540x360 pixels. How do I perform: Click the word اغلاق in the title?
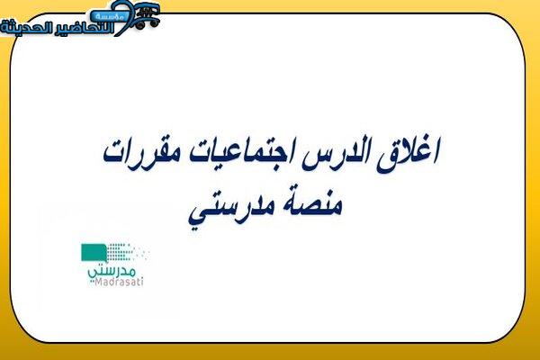(408, 155)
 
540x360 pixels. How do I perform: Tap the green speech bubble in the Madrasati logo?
(94, 253)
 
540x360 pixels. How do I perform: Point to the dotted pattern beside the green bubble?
(128, 252)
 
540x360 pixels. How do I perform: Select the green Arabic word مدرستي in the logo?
(112, 272)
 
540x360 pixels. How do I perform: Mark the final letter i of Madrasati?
(142, 282)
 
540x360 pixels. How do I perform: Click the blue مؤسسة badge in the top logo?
(109, 15)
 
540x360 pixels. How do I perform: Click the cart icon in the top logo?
(146, 15)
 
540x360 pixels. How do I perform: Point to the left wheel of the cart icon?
(139, 25)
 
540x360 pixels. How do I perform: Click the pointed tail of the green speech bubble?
(103, 261)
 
